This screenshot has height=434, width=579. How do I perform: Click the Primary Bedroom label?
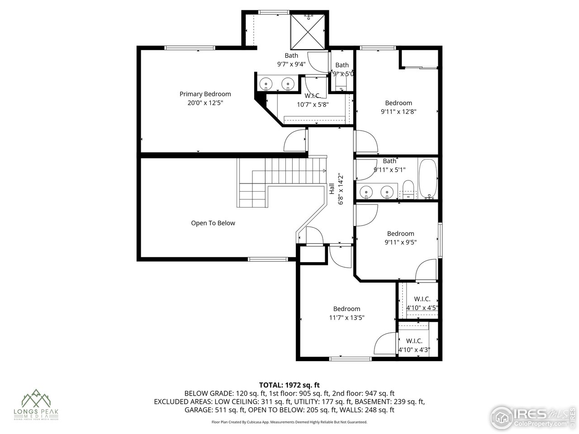205,94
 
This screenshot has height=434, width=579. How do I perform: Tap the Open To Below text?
213,223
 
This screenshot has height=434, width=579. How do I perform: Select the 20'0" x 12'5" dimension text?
205,103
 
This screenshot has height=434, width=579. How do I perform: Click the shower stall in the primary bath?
307,31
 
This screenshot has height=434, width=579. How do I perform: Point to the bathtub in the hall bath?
427,179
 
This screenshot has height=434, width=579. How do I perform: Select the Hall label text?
332,189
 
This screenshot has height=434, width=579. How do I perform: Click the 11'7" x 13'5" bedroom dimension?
347,317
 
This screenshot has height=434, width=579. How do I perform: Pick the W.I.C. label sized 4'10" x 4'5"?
422,299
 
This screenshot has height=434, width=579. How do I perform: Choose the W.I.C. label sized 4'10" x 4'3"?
414,341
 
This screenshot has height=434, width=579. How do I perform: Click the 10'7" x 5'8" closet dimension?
313,104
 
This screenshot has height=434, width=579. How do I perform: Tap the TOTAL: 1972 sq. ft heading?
289,385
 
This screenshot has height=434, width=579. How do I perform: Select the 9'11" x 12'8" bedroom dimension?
398,111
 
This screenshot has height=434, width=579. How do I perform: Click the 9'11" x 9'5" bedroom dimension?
400,242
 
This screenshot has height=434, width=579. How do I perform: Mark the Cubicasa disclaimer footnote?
289,422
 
